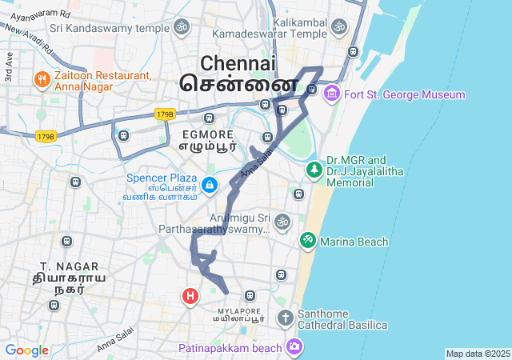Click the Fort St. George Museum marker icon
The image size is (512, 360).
click(x=332, y=94)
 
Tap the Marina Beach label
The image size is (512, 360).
click(x=354, y=242)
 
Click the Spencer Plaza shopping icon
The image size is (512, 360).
click(x=209, y=186)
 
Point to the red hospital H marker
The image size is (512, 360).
click(x=190, y=297)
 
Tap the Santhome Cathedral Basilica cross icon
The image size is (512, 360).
click(x=286, y=318)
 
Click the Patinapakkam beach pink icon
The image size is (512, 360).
click(x=294, y=346)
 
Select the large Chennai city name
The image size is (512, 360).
click(x=238, y=63)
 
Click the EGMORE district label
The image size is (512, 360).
click(x=207, y=134)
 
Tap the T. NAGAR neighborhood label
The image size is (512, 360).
click(x=70, y=266)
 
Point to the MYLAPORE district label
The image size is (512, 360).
click(x=238, y=310)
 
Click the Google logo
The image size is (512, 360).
click(x=26, y=350)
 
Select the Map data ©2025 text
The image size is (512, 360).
click(x=478, y=354)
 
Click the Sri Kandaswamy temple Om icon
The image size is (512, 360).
click(x=181, y=28)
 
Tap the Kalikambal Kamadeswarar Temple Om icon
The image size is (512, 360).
click(x=338, y=28)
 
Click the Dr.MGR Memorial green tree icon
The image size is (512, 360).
click(x=314, y=170)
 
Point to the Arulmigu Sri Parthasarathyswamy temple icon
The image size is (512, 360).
click(x=281, y=221)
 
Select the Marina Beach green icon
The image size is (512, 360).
click(x=307, y=241)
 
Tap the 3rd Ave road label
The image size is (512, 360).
click(x=9, y=67)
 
